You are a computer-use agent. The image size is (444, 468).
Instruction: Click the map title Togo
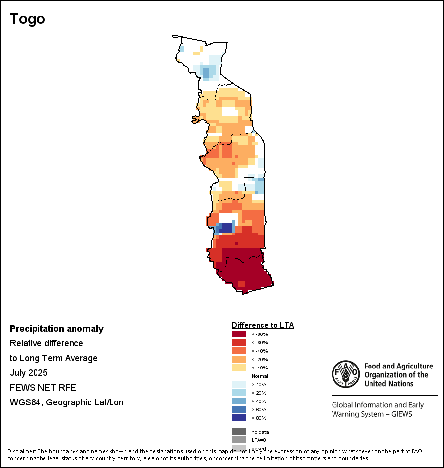[x=28, y=19]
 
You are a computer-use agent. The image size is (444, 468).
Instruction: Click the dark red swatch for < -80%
[x=239, y=334]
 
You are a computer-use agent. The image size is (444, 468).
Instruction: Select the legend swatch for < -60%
[x=239, y=342]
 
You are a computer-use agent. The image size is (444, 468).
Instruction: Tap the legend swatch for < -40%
[x=239, y=351]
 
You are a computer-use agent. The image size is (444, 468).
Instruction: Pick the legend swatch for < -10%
[x=239, y=368]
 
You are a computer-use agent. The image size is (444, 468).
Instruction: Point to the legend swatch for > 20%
[x=239, y=393]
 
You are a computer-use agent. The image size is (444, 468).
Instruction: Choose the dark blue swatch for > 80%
[x=239, y=418]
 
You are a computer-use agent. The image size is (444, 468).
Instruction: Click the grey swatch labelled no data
[x=239, y=432]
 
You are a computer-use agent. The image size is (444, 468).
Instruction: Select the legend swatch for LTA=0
[x=239, y=440]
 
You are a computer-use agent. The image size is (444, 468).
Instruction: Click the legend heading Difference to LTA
[x=262, y=325]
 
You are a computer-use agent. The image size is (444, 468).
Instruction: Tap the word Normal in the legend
[x=259, y=376]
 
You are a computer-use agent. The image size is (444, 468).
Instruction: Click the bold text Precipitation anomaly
[x=57, y=329]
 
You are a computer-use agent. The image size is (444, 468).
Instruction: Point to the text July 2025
[x=29, y=373]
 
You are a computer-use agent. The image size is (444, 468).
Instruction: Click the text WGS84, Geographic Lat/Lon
[x=67, y=402]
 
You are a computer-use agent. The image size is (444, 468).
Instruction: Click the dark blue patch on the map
[x=226, y=227]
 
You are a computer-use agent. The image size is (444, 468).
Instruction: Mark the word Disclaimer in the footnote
[x=22, y=451]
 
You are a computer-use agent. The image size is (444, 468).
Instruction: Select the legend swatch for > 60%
[x=239, y=409]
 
